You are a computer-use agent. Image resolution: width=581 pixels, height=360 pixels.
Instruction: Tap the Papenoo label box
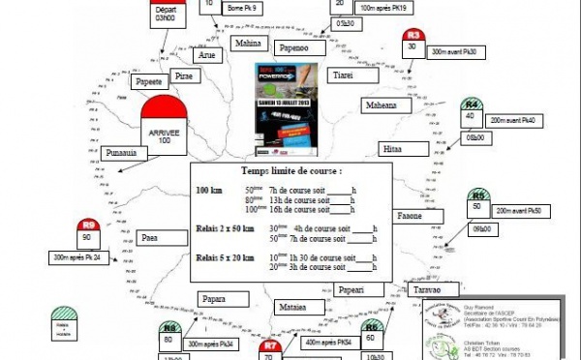[x=297, y=47]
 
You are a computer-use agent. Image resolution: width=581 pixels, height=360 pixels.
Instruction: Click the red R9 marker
[x=88, y=232]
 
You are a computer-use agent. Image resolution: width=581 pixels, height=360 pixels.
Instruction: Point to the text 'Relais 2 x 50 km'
[x=226, y=229]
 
